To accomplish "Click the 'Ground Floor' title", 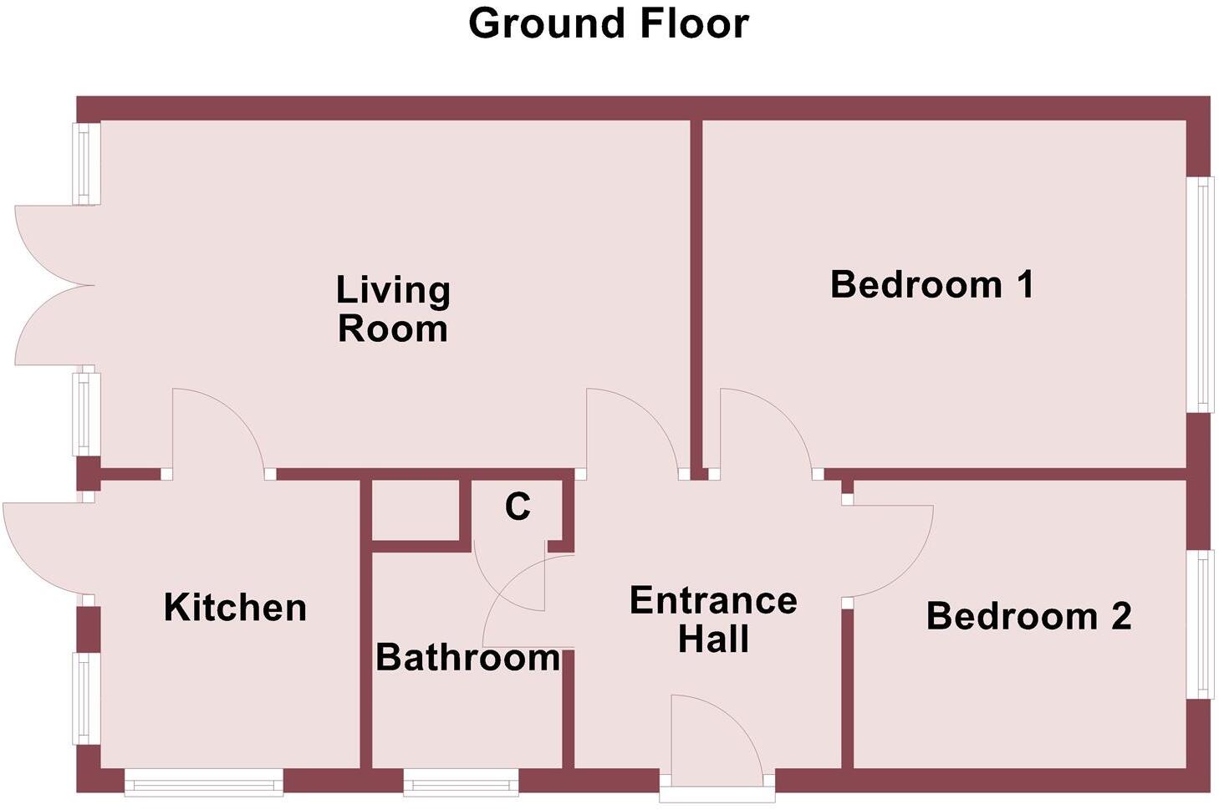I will (x=608, y=23).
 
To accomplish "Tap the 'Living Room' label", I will (x=393, y=309).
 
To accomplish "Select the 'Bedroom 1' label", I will (x=931, y=284).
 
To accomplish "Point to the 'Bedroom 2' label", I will (x=1028, y=616).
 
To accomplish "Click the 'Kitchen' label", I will (x=235, y=607).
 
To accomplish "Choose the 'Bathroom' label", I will (x=467, y=658).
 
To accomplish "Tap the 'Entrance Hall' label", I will (x=712, y=619).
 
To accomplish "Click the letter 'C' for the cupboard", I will (x=518, y=507).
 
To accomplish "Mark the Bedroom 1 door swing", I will (x=765, y=430).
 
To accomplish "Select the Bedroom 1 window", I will (x=1202, y=293).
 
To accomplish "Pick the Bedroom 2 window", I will (x=1202, y=624).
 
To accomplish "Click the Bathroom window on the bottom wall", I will (x=461, y=782).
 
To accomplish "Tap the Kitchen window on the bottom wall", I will (x=204, y=782).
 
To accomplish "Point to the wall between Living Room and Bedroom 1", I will (x=695, y=293).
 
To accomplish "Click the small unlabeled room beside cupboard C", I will (x=416, y=509).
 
